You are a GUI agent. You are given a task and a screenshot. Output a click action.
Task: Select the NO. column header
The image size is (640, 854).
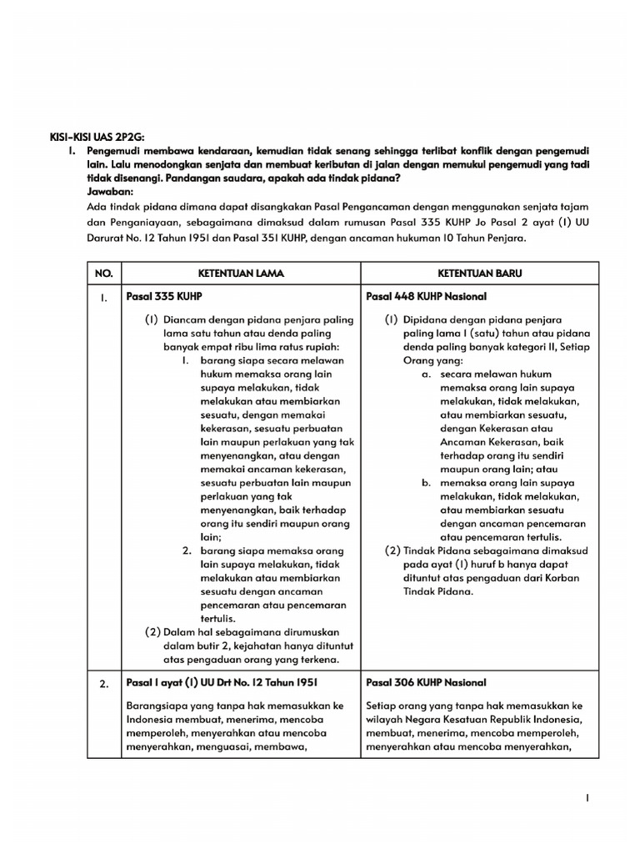tap(104, 274)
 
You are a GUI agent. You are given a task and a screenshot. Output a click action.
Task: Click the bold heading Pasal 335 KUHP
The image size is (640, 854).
tap(164, 297)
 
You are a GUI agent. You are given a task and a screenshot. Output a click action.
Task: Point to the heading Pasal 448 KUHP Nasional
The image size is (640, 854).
tap(427, 297)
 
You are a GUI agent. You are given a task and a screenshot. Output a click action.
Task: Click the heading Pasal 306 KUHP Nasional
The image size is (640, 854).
tap(427, 683)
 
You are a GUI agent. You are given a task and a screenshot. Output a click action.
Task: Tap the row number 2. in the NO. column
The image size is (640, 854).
tap(104, 685)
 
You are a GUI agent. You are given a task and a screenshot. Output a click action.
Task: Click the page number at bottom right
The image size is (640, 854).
tap(588, 798)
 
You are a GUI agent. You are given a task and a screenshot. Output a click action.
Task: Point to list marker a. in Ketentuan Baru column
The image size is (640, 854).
tap(427, 374)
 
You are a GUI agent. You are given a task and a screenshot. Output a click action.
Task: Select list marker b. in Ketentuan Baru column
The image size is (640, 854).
tap(427, 483)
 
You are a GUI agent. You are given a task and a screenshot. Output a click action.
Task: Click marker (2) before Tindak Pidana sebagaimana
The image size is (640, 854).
tap(392, 550)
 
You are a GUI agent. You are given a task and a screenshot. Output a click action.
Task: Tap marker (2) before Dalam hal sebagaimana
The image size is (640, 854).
tap(152, 631)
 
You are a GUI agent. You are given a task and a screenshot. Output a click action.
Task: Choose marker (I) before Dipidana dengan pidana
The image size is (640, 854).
tap(392, 319)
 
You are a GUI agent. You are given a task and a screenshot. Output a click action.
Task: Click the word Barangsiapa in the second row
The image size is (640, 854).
tap(155, 706)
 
